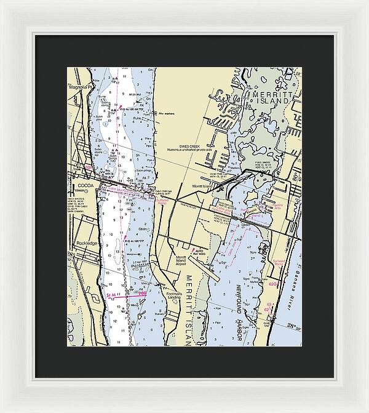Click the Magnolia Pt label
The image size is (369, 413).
(80, 87)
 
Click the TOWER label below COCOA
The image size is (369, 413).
(81, 191)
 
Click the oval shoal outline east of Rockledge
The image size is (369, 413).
(116, 249)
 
